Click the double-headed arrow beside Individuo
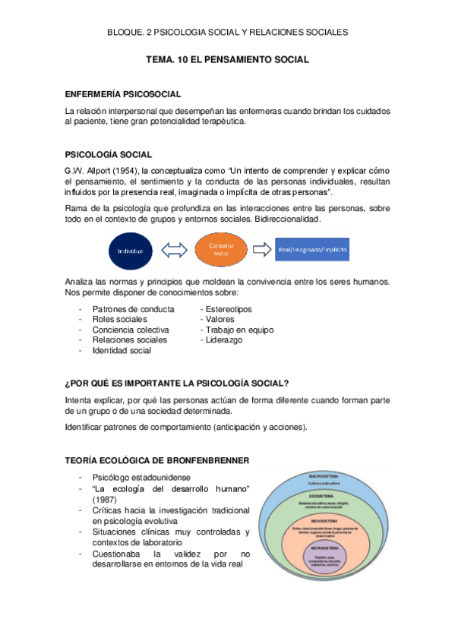pos(177,250)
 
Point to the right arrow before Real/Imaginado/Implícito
pos(262,249)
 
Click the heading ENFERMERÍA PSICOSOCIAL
pos(122,94)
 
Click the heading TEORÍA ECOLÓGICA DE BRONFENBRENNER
pos(156,460)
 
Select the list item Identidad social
pos(122,351)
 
